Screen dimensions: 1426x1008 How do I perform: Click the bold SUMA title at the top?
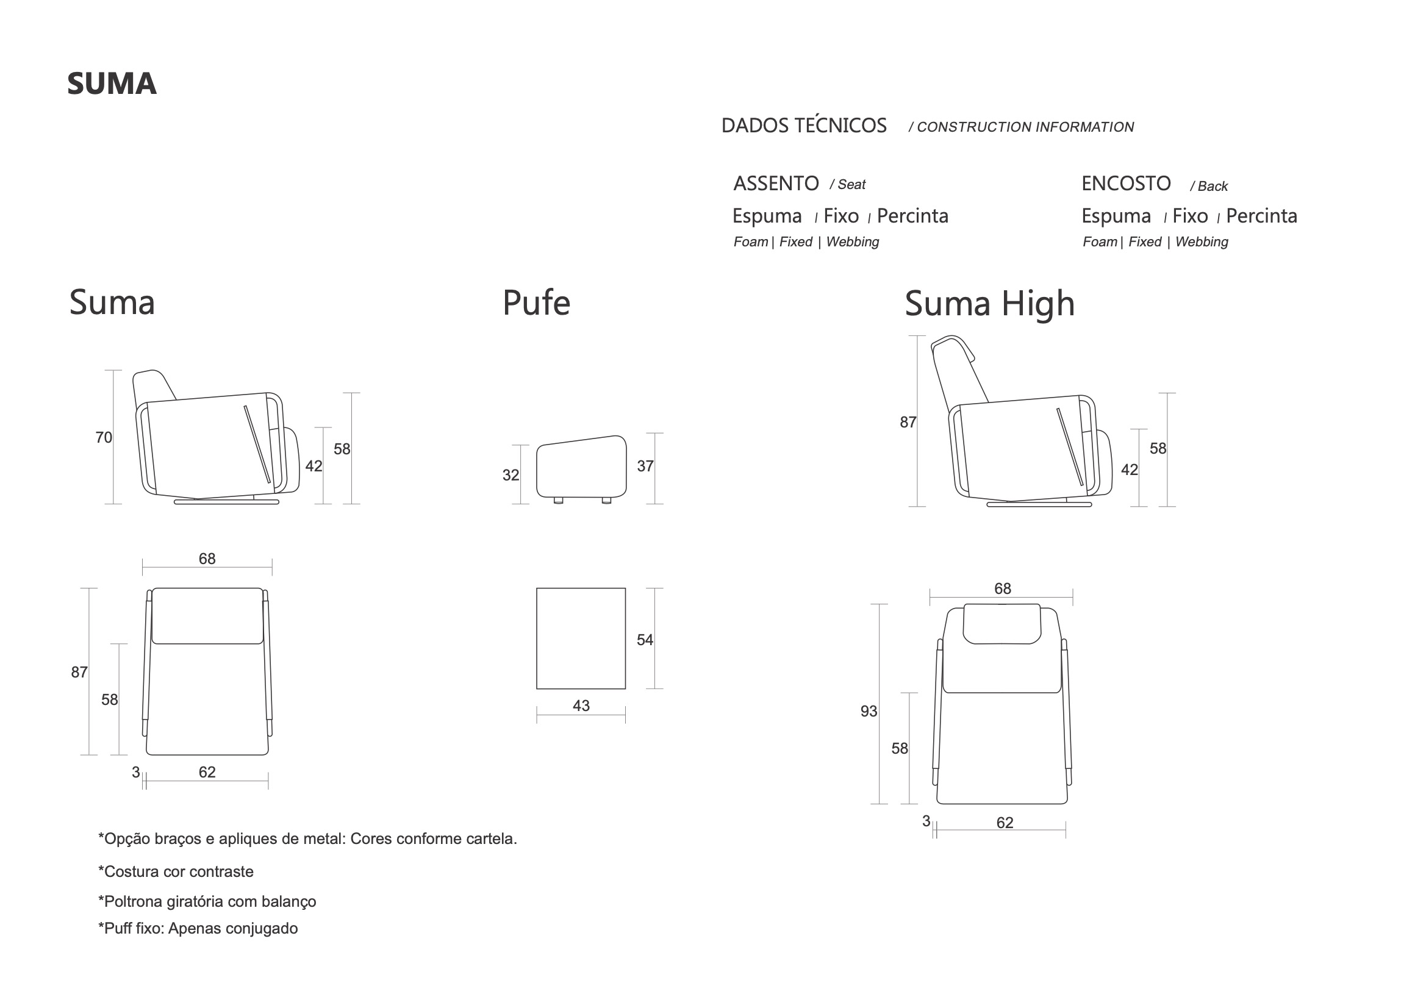click(112, 84)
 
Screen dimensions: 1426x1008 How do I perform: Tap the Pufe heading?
click(536, 303)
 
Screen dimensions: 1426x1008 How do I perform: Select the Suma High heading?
click(989, 304)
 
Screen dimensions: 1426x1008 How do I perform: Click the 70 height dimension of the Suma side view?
click(104, 437)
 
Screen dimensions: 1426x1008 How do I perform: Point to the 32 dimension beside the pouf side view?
click(511, 475)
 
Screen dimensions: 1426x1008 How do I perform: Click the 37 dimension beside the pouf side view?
click(645, 466)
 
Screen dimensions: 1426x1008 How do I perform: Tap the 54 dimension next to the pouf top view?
click(645, 640)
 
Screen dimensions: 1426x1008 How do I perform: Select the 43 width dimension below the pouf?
click(581, 706)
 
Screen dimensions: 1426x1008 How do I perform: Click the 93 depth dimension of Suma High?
click(869, 711)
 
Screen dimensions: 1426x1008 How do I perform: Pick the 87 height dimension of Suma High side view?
click(908, 423)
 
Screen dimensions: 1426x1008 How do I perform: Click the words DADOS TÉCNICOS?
click(804, 126)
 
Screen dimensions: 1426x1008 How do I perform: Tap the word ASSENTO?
click(776, 184)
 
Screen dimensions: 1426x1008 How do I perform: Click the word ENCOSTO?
click(1126, 184)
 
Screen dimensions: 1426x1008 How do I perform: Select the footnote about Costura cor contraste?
click(176, 871)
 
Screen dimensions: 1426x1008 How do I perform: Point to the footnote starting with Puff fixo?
click(198, 929)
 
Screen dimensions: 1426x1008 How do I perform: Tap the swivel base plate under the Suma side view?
click(227, 502)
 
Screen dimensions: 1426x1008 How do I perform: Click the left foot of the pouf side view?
click(557, 500)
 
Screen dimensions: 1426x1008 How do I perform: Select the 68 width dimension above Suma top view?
click(207, 559)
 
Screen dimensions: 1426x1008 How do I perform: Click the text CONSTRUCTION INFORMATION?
click(1025, 127)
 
